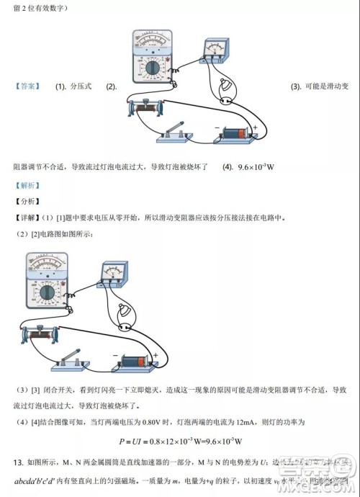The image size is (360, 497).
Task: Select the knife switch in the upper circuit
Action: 174,133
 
